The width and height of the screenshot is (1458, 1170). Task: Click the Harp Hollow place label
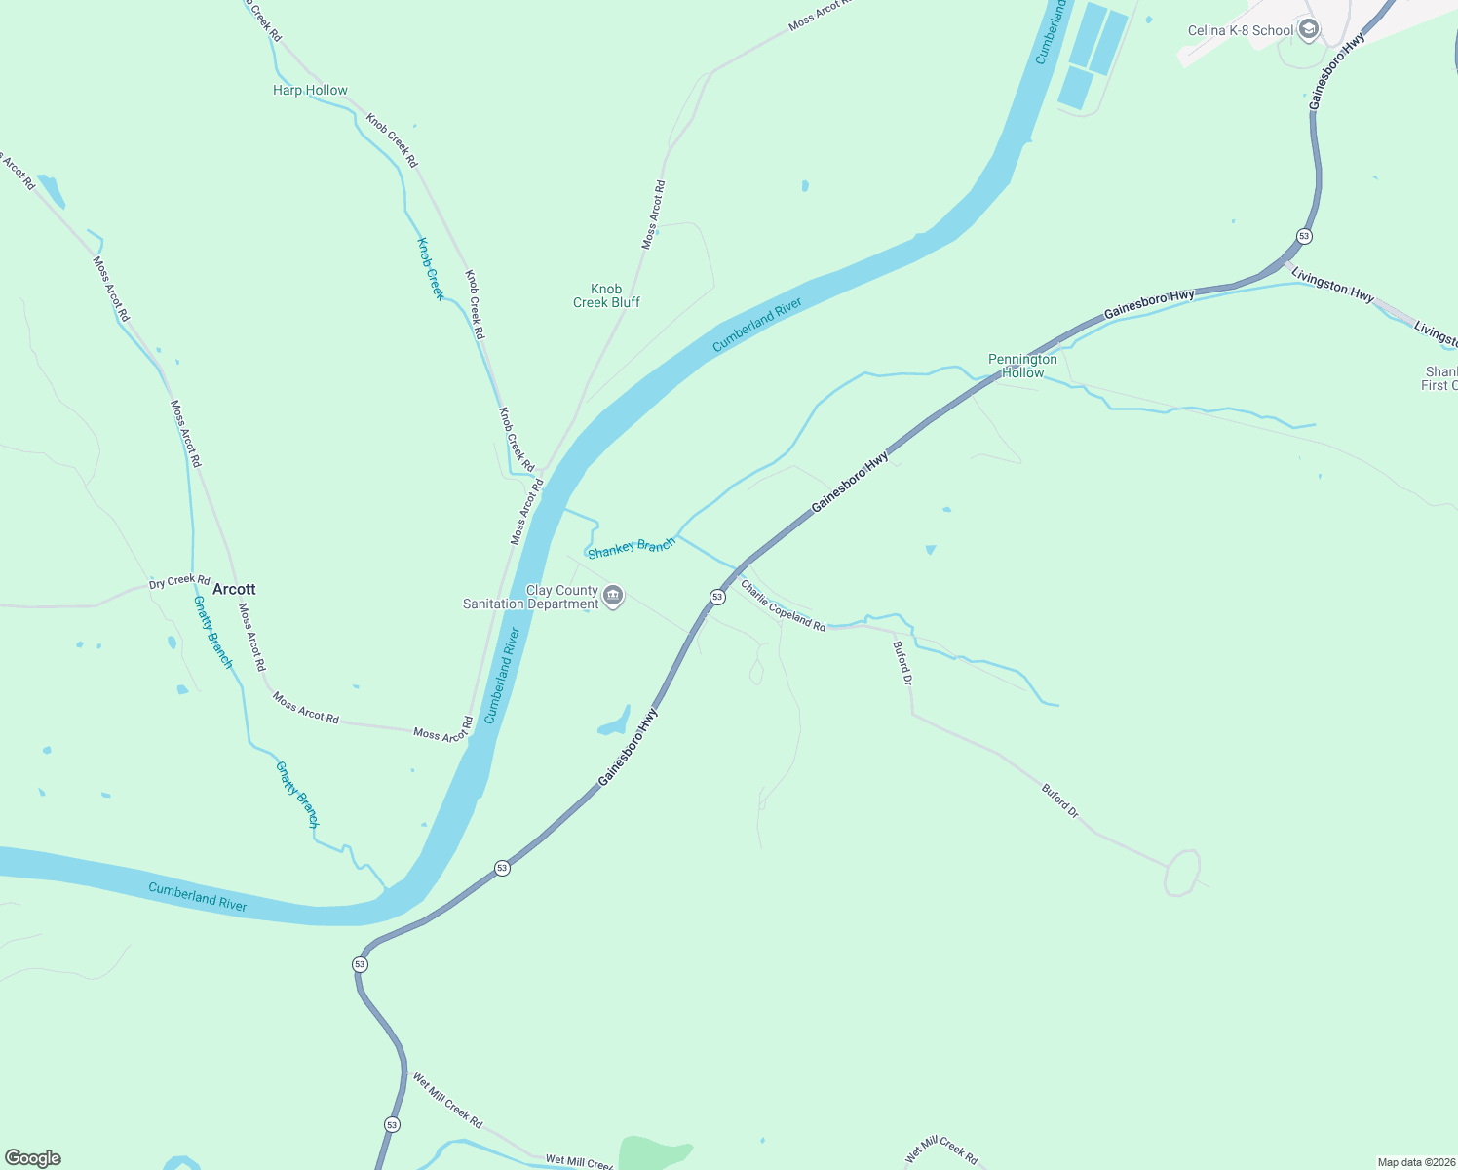310,90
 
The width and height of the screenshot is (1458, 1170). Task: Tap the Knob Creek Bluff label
606,295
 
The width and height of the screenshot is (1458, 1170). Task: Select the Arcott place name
234,589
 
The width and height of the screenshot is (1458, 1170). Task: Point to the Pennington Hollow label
1022,366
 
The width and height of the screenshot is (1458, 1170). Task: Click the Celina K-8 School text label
1240,30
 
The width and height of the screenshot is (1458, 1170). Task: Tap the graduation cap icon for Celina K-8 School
1309,30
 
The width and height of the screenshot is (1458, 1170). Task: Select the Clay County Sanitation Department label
531,597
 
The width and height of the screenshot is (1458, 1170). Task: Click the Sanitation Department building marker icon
613,596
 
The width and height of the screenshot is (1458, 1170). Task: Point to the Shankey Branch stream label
632,547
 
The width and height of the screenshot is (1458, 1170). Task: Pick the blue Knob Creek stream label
431,268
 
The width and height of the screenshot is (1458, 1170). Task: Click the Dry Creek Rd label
179,581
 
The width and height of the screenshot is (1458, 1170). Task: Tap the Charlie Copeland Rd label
783,605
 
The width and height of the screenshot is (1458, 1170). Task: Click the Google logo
33,1158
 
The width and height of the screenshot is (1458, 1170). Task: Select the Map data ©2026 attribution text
1415,1162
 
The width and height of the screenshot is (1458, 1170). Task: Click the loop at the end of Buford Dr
1182,873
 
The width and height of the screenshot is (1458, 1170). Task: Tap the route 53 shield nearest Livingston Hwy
1304,236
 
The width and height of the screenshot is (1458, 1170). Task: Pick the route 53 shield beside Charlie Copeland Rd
717,597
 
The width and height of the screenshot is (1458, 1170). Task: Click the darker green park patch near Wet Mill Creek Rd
653,1152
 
